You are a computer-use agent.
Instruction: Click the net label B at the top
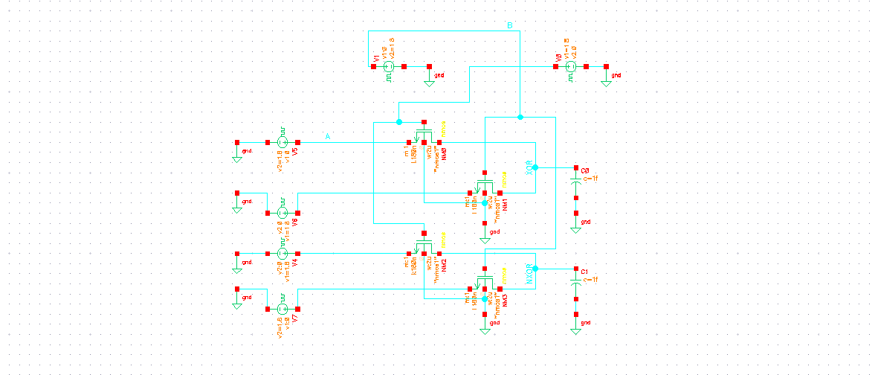[509, 26]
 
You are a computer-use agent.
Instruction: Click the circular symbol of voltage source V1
[388, 67]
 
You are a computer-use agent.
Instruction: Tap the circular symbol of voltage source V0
[571, 67]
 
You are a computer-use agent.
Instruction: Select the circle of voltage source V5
[282, 142]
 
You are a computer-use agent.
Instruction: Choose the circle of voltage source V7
[282, 309]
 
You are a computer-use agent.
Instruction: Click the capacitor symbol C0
[575, 181]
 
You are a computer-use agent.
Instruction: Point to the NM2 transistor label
[444, 266]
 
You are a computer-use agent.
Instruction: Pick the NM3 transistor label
[504, 300]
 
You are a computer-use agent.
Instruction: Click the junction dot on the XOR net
[535, 167]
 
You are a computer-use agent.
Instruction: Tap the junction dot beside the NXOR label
[535, 269]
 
